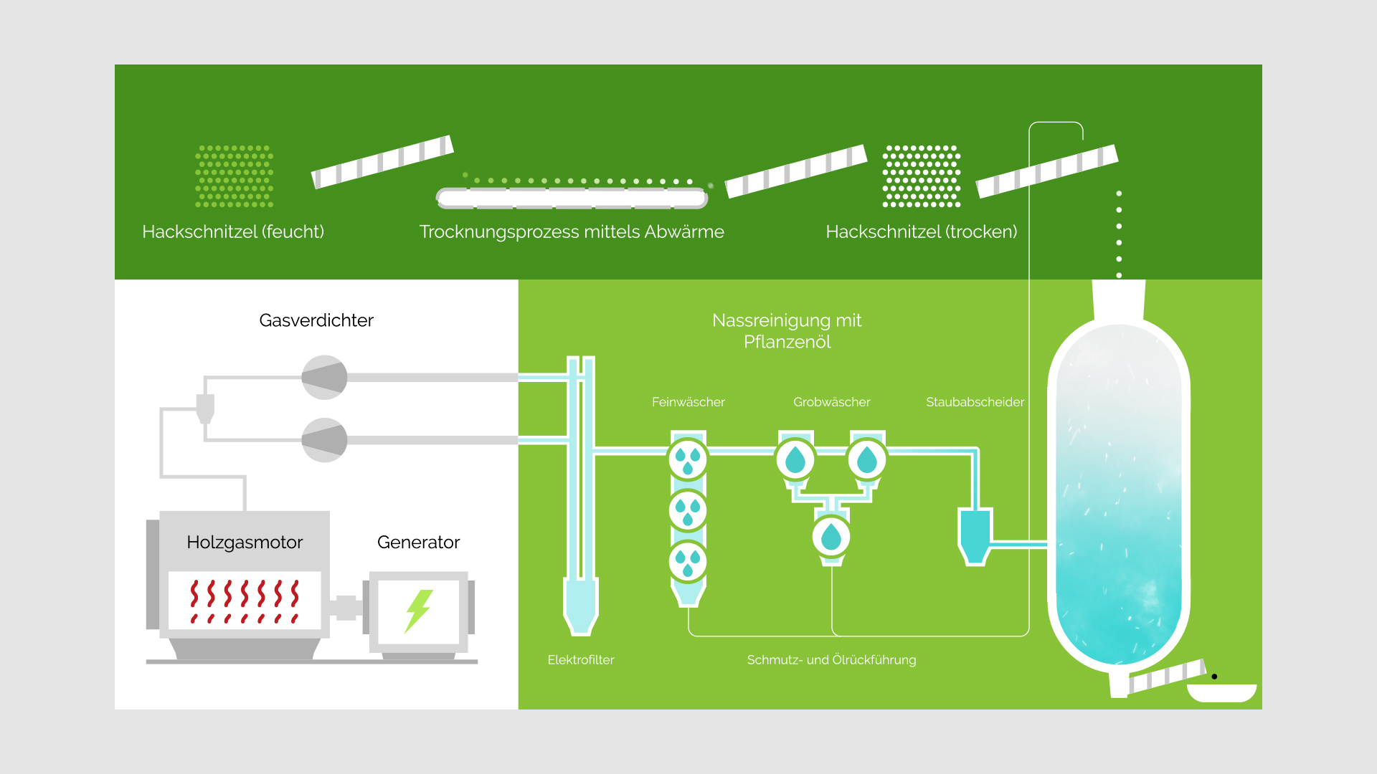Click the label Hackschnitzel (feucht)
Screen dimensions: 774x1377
click(x=233, y=231)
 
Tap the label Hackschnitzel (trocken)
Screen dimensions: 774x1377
click(x=922, y=231)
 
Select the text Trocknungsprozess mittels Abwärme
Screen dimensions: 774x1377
click(x=572, y=231)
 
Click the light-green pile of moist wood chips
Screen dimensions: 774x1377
click(x=235, y=176)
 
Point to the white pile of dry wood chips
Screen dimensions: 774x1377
click(x=922, y=176)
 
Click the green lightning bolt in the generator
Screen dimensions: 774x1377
click(x=418, y=611)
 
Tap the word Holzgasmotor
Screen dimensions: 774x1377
click(x=245, y=542)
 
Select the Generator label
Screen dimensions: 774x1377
click(x=418, y=542)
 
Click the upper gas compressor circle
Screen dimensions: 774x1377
click(x=324, y=377)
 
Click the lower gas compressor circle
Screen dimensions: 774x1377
click(x=324, y=440)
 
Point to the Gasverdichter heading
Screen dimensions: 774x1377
click(x=316, y=320)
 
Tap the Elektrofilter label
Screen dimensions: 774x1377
click(x=581, y=659)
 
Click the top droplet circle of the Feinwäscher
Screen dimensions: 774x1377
click(x=688, y=459)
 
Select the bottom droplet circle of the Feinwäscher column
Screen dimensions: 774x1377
click(x=688, y=562)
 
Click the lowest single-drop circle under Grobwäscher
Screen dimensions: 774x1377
click(x=831, y=536)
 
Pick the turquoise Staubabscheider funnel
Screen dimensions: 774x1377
click(x=975, y=534)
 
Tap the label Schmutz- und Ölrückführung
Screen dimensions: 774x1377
click(x=831, y=659)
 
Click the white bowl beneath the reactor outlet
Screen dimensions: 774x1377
click(x=1221, y=693)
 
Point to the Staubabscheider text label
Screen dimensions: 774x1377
click(x=975, y=402)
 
